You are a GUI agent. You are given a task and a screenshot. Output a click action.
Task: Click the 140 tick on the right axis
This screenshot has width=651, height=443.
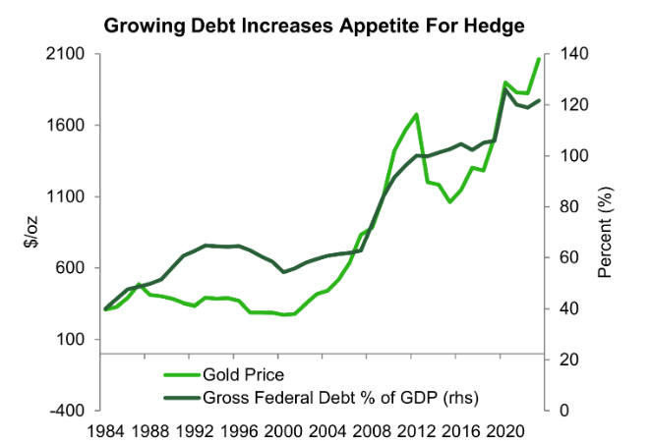tap(568, 55)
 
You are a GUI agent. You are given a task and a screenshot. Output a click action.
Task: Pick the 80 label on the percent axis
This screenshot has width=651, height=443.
tap(564, 207)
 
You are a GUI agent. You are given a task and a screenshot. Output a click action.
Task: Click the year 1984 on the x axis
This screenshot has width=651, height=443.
tap(106, 431)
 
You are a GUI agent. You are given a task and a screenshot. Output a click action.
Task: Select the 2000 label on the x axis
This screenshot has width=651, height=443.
tap(283, 431)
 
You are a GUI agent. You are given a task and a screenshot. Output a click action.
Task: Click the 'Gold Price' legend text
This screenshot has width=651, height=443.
tap(243, 374)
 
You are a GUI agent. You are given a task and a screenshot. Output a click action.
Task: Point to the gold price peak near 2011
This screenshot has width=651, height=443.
tap(417, 114)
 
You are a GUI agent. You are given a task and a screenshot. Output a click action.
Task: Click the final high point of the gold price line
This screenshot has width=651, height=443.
tap(540, 58)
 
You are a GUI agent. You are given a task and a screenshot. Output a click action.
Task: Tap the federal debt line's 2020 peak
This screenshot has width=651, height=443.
tap(505, 89)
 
